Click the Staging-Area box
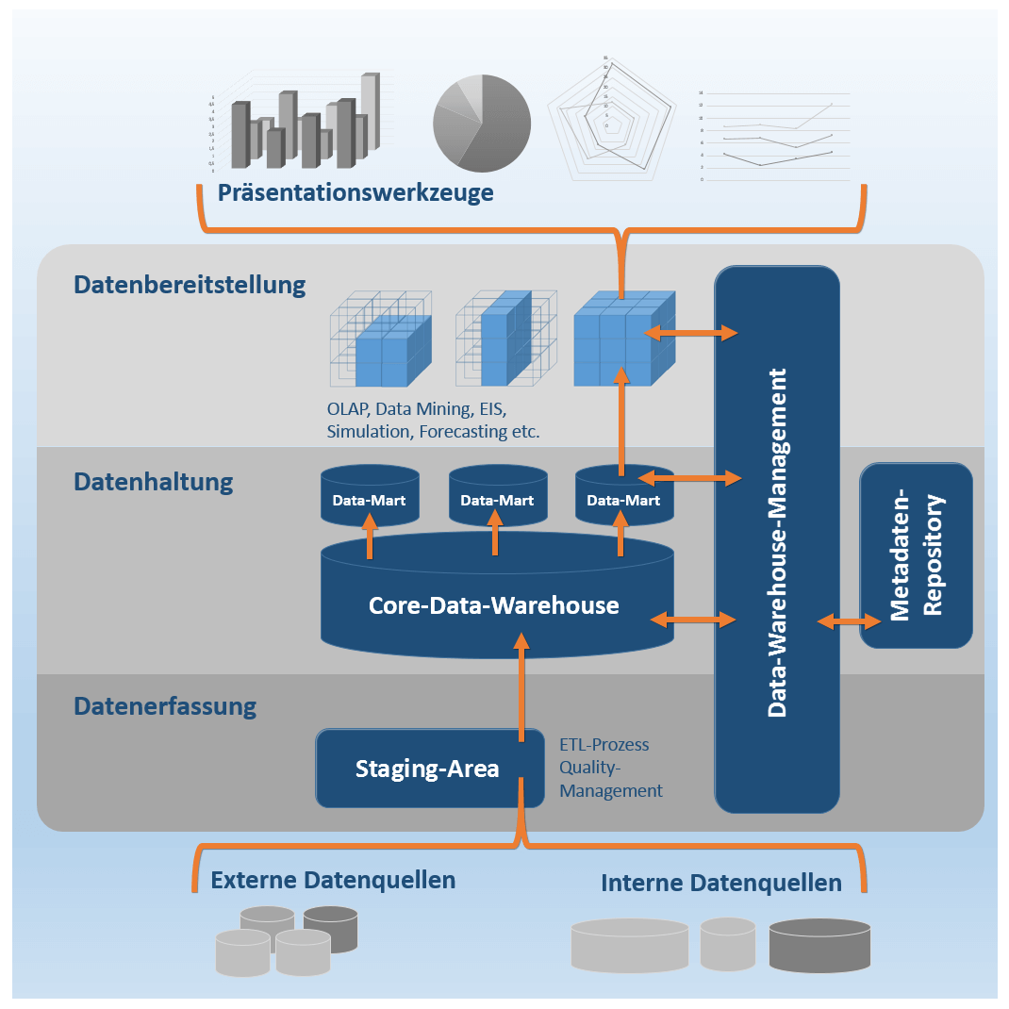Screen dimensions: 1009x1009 tap(429, 769)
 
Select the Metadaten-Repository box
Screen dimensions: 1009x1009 tap(916, 555)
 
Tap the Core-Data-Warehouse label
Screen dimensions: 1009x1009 tap(493, 604)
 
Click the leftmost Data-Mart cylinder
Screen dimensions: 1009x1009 tap(369, 497)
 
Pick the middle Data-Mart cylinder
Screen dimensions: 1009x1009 tap(496, 497)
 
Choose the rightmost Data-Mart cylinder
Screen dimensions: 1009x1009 tap(623, 497)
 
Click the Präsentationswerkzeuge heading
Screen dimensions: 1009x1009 tap(356, 193)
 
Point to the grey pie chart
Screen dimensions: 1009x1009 tap(481, 124)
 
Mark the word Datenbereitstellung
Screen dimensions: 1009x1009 tap(190, 285)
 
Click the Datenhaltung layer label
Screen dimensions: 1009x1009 tap(153, 482)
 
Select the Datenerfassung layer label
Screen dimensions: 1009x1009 tap(165, 705)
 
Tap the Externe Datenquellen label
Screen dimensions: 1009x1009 tap(333, 881)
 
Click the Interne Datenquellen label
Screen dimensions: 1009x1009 tap(720, 884)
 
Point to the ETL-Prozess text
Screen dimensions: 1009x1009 tap(604, 745)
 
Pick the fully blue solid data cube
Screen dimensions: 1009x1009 tap(624, 338)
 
